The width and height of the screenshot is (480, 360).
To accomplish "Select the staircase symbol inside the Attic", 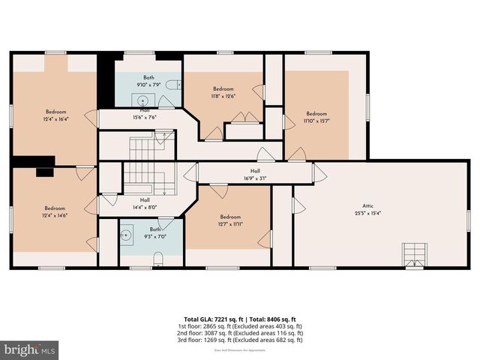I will click(412, 254).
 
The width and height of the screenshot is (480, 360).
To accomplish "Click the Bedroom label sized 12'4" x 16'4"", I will click(55, 112).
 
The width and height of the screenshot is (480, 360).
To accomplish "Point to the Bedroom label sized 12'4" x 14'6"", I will click(55, 208).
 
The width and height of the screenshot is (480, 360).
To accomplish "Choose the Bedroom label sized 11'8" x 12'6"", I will click(223, 89).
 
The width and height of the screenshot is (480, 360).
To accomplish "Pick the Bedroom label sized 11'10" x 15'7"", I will click(316, 114).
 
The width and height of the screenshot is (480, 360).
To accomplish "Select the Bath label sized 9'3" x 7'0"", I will click(154, 229).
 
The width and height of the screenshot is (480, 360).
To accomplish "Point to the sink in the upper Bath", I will click(142, 98).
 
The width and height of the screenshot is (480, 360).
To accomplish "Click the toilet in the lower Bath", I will click(157, 259).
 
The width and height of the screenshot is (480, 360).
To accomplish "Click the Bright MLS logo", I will click(30, 349).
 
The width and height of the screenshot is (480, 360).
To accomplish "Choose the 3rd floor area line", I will click(240, 340).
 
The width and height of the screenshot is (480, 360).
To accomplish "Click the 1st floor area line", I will click(240, 326).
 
